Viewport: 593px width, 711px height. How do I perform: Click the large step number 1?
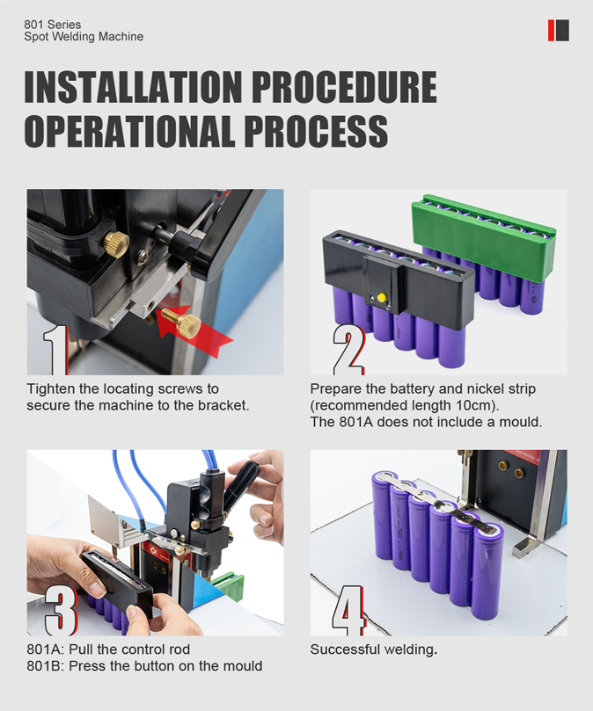(x=55, y=350)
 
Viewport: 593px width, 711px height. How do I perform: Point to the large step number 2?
(x=348, y=350)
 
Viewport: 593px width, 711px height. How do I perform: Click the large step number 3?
(x=61, y=610)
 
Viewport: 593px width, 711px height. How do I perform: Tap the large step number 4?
(x=348, y=610)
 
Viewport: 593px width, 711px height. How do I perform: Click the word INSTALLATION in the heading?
(x=133, y=87)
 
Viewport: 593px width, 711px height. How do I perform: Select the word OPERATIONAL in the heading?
(x=129, y=131)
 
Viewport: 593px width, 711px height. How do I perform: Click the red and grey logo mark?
(x=559, y=31)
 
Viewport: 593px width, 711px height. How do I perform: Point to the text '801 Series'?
(x=53, y=25)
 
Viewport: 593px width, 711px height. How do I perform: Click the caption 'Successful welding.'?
(x=374, y=649)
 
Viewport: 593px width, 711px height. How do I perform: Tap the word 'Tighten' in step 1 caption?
(x=50, y=389)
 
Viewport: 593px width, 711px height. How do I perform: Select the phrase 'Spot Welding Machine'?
(x=84, y=37)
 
